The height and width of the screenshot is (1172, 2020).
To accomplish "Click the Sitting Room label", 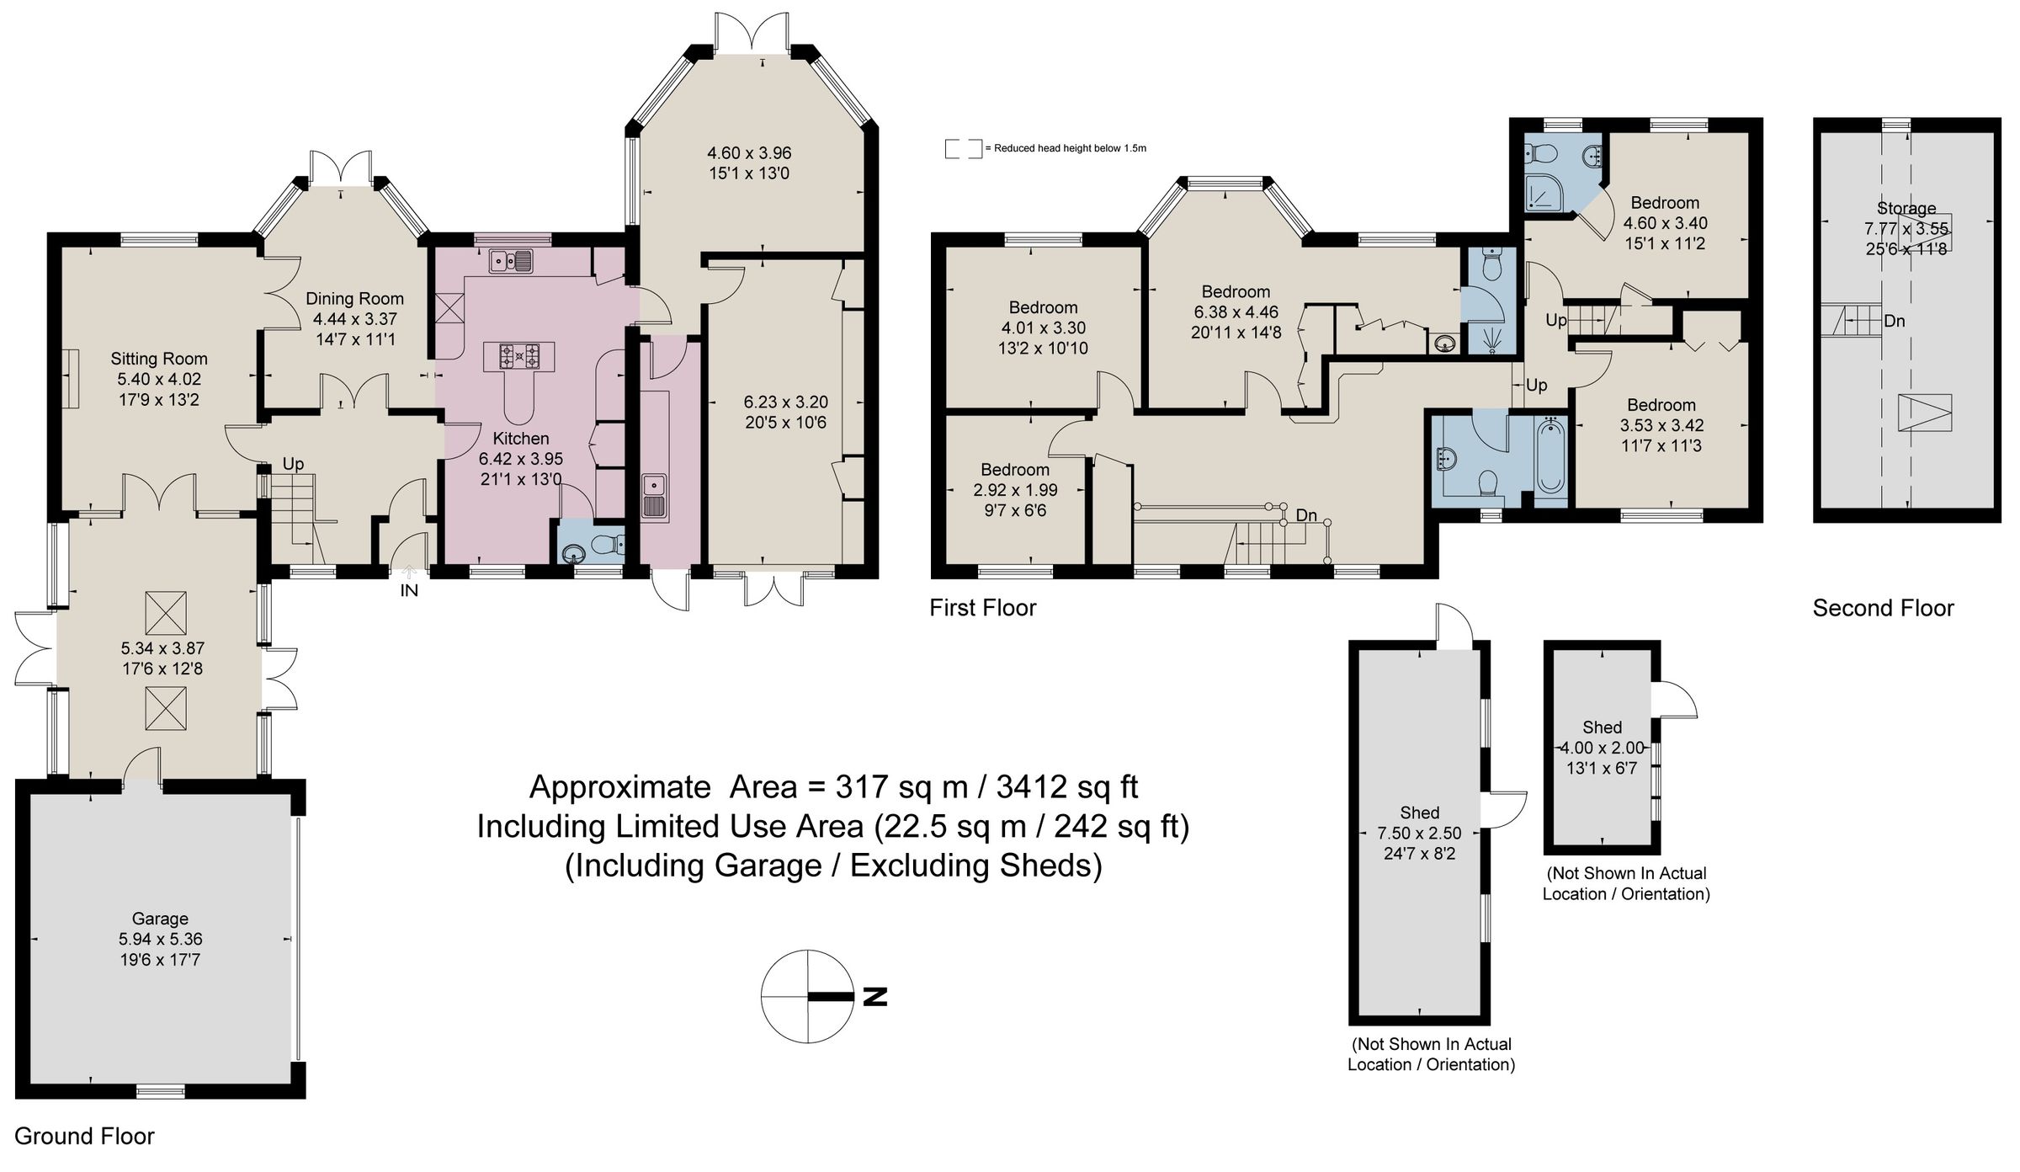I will pyautogui.click(x=159, y=359).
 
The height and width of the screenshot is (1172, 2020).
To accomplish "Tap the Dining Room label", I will pyautogui.click(x=354, y=299).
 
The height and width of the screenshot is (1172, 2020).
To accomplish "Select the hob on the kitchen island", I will pyautogui.click(x=519, y=357).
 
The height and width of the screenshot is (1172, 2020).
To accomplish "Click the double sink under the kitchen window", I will pyautogui.click(x=511, y=261).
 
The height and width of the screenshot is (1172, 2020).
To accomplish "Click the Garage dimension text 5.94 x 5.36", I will pyautogui.click(x=160, y=939).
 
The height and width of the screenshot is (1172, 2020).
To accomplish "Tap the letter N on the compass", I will pyautogui.click(x=875, y=997).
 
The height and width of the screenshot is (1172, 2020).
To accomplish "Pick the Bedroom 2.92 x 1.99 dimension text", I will pyautogui.click(x=1015, y=490).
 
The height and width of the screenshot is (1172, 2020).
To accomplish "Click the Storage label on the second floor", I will pyautogui.click(x=1906, y=208).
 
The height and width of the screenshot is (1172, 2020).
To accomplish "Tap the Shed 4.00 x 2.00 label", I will pyautogui.click(x=1602, y=727).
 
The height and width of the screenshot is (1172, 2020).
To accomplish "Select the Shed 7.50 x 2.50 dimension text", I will pyautogui.click(x=1419, y=833).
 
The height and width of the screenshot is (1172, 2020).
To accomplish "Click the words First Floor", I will pyautogui.click(x=982, y=608).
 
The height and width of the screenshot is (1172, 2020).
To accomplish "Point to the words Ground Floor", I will pyautogui.click(x=84, y=1136).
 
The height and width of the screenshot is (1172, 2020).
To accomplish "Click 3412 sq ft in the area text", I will pyautogui.click(x=1066, y=787).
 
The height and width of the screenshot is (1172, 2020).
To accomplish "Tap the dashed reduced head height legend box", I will pyautogui.click(x=963, y=149).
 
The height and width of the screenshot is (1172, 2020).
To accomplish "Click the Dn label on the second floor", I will pyautogui.click(x=1894, y=321).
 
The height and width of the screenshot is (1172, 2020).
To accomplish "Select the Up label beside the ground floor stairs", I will pyautogui.click(x=293, y=464).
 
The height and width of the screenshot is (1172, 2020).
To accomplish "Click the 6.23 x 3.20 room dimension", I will pyautogui.click(x=785, y=402).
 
